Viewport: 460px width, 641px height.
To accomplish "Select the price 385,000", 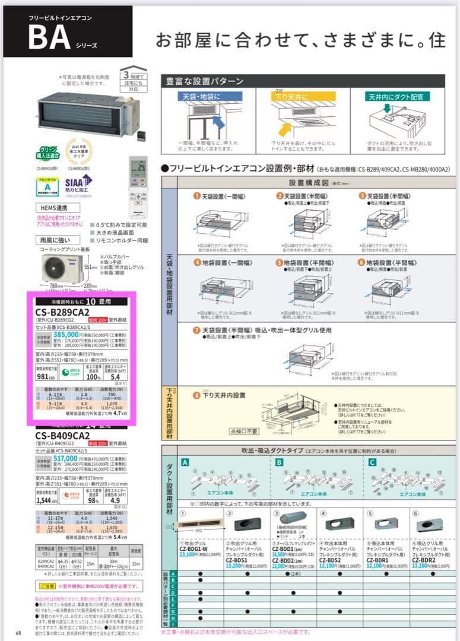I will click(62, 334).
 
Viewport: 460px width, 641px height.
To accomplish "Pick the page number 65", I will click(18, 633).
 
